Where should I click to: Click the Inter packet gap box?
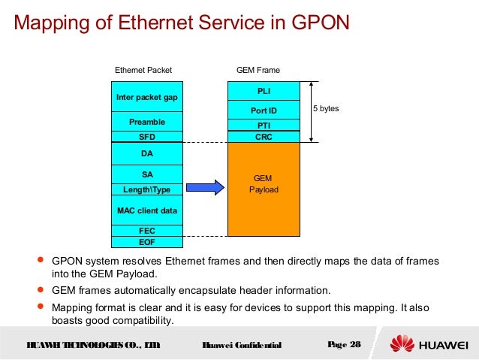coord(146,97)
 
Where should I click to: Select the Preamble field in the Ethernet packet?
coord(146,122)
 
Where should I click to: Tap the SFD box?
coord(146,138)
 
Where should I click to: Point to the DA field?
coord(146,154)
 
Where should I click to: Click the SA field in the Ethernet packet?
coord(146,174)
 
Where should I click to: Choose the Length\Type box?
coord(146,189)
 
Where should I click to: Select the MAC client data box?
coord(146,210)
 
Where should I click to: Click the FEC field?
coord(146,231)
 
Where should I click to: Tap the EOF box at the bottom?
coord(146,242)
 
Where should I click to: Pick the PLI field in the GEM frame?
coord(264,91)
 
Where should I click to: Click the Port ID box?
coord(264,110)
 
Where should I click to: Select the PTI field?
coord(264,125)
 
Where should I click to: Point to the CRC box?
coord(264,137)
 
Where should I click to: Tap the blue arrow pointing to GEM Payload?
coord(205,187)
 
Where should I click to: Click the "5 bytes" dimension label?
coord(326,109)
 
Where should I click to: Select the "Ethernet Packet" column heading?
coord(143,70)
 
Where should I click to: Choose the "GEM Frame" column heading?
coord(258,70)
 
